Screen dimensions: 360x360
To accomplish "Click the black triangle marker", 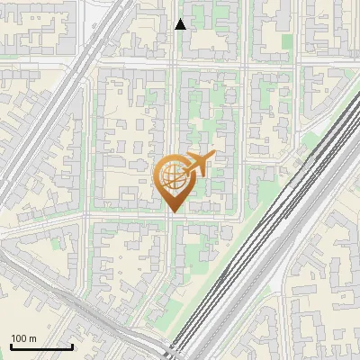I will tap(180, 24).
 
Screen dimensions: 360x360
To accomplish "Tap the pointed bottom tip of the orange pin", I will tap(173, 212).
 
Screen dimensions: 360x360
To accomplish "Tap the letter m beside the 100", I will tap(33, 337).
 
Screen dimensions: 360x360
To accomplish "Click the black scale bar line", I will tap(41, 346).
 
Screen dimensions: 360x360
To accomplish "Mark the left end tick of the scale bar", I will tap(11, 345).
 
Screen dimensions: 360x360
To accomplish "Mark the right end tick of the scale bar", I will tap(72, 345).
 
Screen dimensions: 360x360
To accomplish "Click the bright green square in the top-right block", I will tap(288, 41).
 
